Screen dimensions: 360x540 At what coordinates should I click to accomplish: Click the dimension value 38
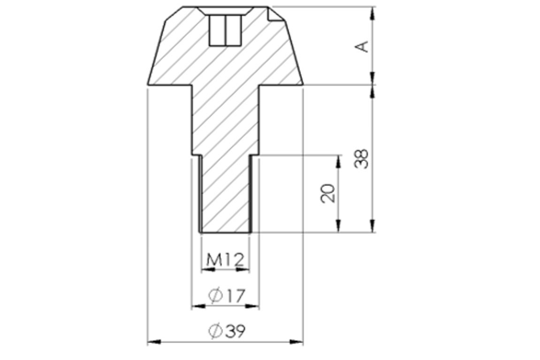pos(362,158)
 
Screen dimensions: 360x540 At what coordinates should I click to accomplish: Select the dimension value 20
pos(329,193)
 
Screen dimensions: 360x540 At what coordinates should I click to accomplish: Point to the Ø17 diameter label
pos(227,296)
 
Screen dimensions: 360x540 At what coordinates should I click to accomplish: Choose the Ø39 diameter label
pos(227,331)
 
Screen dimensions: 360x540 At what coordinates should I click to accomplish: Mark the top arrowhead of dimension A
pos(373,13)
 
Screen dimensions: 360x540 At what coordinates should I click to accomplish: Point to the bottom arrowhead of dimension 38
pos(373,226)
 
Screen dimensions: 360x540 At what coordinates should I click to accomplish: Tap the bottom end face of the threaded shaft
pos(225,232)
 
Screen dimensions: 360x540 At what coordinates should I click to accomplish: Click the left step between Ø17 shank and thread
pos(196,155)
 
